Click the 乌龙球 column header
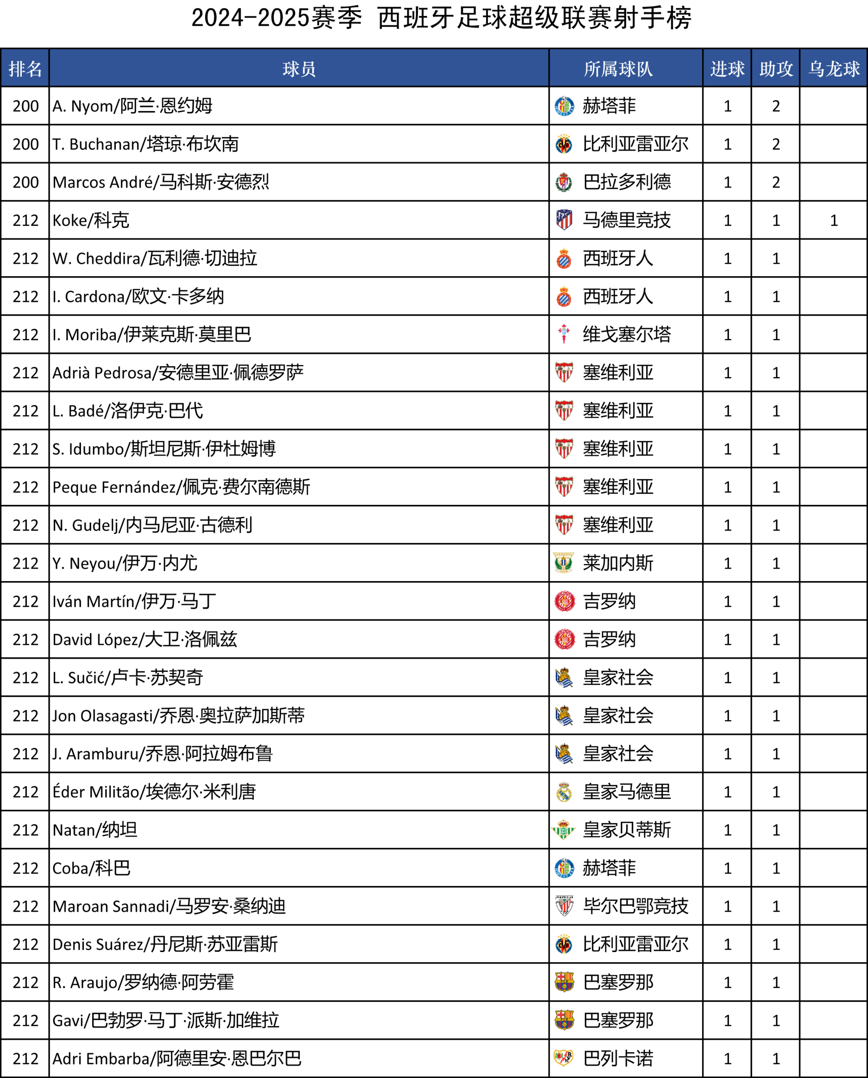(833, 69)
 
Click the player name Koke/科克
(91, 220)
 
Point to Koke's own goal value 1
(833, 220)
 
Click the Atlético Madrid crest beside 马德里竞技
(564, 220)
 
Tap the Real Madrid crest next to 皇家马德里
(564, 792)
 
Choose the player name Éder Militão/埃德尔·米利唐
(154, 792)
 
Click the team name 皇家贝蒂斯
(627, 830)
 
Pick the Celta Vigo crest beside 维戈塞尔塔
(564, 334)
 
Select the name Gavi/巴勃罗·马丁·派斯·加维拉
(166, 1020)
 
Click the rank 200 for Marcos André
(26, 182)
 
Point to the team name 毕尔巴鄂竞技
(636, 906)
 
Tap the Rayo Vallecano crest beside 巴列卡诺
(564, 1059)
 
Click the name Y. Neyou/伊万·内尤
(125, 563)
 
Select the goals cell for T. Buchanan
(727, 144)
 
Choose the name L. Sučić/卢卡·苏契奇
(128, 678)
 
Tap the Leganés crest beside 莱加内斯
(564, 563)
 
